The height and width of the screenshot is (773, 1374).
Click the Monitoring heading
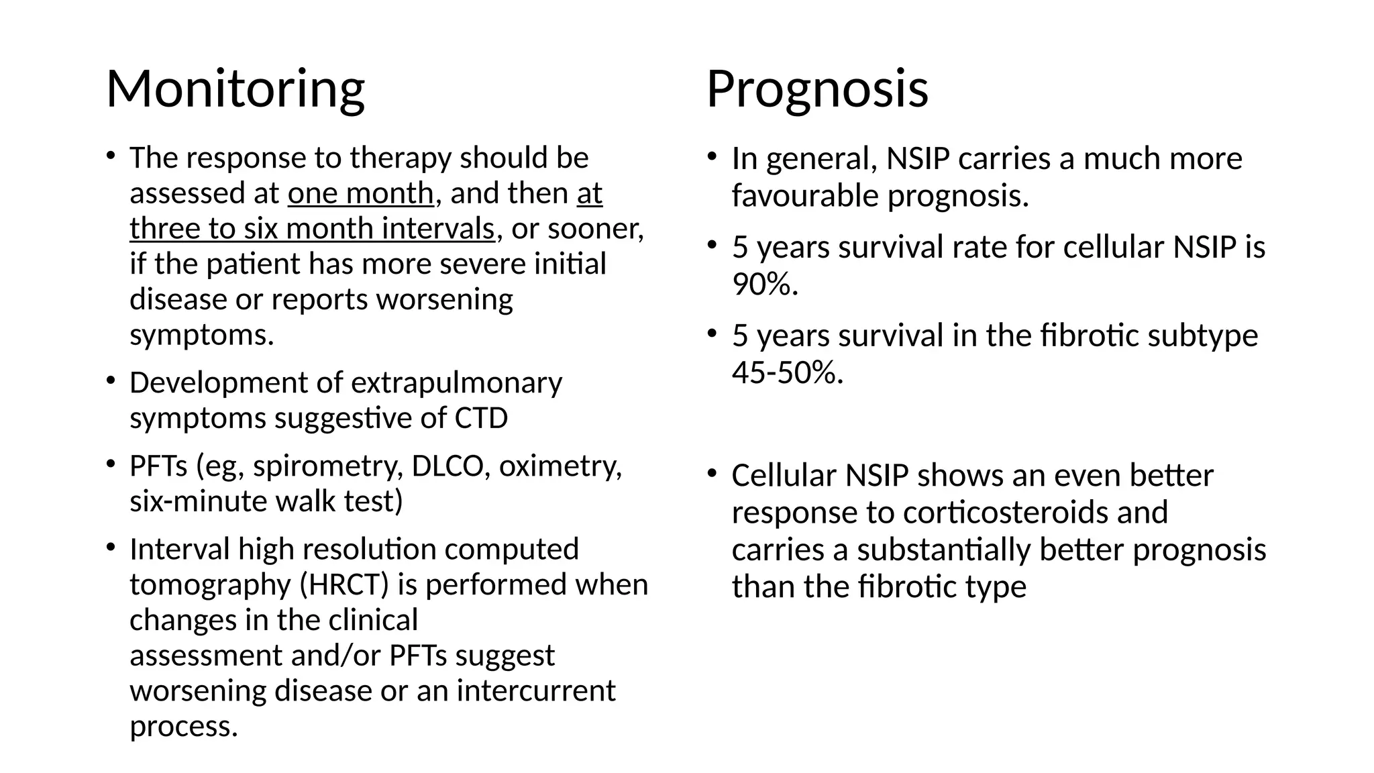[235, 89]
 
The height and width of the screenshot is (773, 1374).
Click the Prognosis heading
[817, 89]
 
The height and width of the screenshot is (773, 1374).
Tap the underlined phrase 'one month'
[361, 194]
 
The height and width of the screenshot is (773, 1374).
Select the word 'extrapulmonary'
[456, 383]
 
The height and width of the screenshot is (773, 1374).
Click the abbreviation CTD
[481, 419]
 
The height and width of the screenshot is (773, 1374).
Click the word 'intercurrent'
[536, 690]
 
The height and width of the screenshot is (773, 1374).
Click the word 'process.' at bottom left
[184, 726]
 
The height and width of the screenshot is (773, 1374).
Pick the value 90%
[765, 285]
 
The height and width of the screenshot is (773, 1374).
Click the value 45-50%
[787, 372]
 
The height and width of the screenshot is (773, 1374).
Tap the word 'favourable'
[806, 196]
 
